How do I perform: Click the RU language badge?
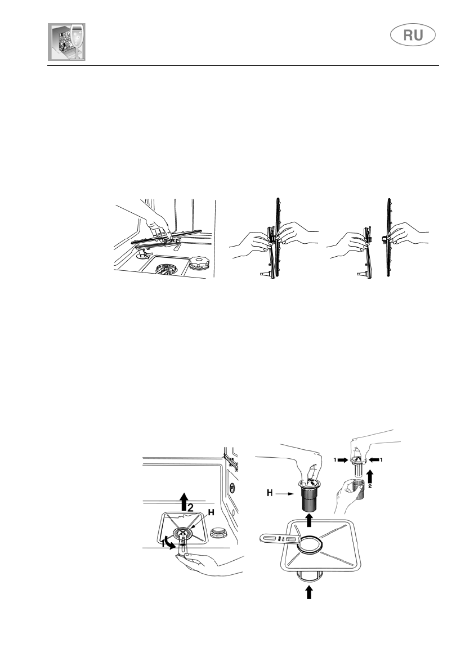coord(413,35)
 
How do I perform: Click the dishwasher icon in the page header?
coord(67,42)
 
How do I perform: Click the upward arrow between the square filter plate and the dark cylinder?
coord(308,520)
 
